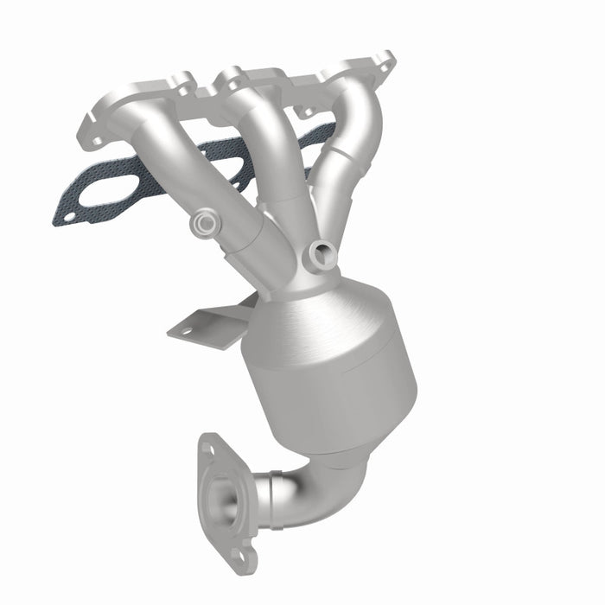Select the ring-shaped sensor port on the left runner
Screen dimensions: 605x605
tap(206, 225)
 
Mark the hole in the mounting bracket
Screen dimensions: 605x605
tap(184, 328)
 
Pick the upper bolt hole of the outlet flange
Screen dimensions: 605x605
tap(208, 448)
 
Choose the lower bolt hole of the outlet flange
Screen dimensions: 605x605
tap(247, 554)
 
